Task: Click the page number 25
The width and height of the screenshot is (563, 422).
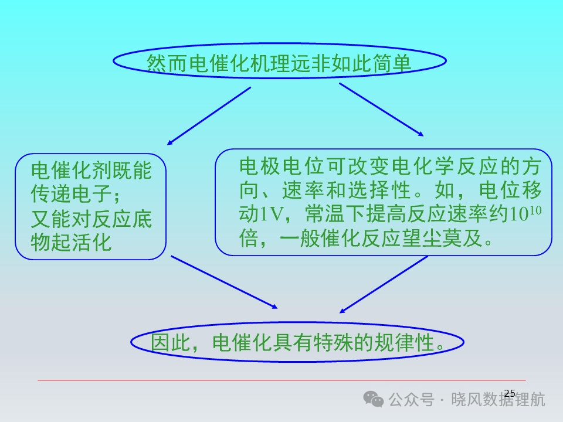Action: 510,393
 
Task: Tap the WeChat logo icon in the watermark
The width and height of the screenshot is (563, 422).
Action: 374,399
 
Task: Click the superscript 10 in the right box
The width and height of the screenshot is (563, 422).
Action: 535,210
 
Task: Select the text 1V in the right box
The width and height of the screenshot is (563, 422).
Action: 272,215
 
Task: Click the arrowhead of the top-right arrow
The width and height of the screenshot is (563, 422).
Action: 420,134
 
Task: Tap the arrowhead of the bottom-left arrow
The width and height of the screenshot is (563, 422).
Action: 274,306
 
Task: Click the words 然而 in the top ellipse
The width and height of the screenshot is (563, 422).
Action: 167,64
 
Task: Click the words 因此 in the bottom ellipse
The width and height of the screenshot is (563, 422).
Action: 171,342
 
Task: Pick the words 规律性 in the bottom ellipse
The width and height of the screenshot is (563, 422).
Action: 405,342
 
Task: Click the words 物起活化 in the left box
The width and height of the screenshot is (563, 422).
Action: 71,242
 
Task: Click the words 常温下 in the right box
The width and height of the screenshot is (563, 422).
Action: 335,215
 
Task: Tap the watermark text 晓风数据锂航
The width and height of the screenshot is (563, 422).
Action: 498,399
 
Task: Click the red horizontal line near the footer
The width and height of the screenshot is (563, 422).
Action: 281,380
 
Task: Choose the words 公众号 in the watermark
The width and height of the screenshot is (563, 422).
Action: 412,399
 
